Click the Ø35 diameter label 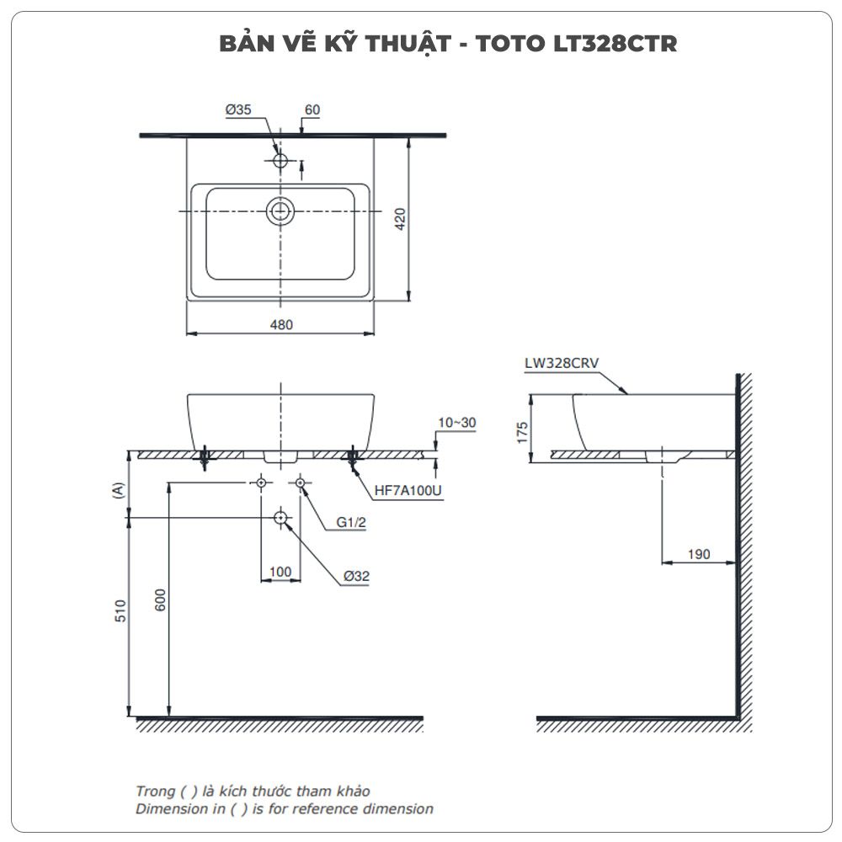(238, 109)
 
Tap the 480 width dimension (281, 325)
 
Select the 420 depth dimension (400, 219)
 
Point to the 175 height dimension (522, 432)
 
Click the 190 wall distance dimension (699, 554)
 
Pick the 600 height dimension (161, 600)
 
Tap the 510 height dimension (120, 610)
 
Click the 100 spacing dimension (280, 572)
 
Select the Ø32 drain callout (356, 576)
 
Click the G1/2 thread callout (351, 522)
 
